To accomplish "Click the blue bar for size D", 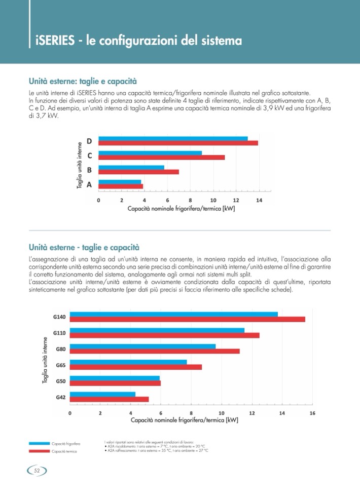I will point(172,138).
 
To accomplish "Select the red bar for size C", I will point(161,158).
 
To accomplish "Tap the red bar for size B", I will point(138,172).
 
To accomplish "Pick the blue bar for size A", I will point(120,182).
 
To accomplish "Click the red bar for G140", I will point(187,319).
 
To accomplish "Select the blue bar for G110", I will point(157,330).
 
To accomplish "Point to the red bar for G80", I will point(154,351).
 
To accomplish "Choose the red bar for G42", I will point(109,399).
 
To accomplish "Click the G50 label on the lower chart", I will point(60,380).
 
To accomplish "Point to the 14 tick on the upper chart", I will point(259,200).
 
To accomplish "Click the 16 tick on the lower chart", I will point(312,413).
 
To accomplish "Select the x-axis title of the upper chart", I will point(181,208).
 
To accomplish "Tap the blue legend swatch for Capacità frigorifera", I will point(39,443).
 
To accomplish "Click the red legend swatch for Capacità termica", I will point(39,451).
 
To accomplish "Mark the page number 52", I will point(37,471).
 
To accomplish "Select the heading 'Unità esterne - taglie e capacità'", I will point(84,247).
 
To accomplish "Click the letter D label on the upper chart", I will point(89,141).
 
